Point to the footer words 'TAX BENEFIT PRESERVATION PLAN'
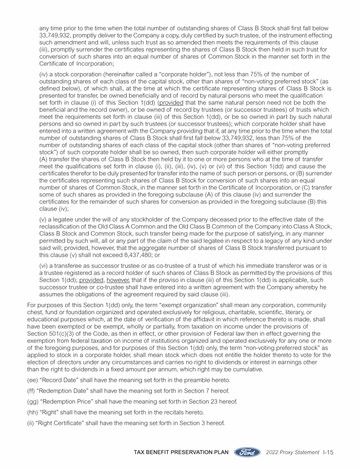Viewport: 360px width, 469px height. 180,453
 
